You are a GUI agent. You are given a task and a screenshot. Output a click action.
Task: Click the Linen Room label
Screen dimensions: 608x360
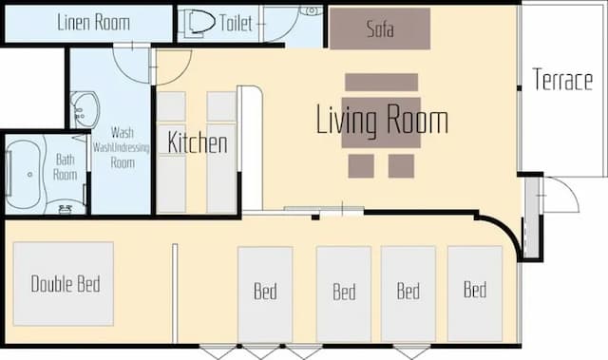tap(93, 22)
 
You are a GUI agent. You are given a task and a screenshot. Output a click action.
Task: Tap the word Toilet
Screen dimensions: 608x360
tap(236, 23)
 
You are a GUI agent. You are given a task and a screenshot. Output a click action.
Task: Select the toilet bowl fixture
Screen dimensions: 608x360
tap(199, 23)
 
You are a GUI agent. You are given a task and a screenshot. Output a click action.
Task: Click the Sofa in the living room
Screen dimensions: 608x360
tap(380, 28)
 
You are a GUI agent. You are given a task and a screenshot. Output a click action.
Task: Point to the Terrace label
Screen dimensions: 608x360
tap(562, 80)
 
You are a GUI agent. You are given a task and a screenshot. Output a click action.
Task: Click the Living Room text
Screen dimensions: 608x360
tap(382, 119)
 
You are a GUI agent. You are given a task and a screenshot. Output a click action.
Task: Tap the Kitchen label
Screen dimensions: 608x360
tap(198, 142)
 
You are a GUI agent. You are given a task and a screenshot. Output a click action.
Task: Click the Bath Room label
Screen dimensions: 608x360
tap(65, 167)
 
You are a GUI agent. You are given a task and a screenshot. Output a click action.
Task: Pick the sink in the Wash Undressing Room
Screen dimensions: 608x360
tap(85, 110)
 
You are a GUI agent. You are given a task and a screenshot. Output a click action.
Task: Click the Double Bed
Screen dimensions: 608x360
tap(64, 284)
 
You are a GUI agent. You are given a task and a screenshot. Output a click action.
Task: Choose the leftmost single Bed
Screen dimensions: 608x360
tap(265, 294)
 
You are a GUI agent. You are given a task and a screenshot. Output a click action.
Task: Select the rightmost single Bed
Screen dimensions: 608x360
tap(475, 294)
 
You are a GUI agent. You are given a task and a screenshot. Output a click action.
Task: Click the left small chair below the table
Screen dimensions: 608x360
tap(361, 166)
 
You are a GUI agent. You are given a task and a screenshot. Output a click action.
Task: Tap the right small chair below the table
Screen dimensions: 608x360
tap(401, 166)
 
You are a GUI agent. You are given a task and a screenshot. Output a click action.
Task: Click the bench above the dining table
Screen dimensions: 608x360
tap(382, 82)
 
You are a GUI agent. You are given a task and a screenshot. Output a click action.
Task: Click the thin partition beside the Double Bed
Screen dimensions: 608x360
tap(175, 294)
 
